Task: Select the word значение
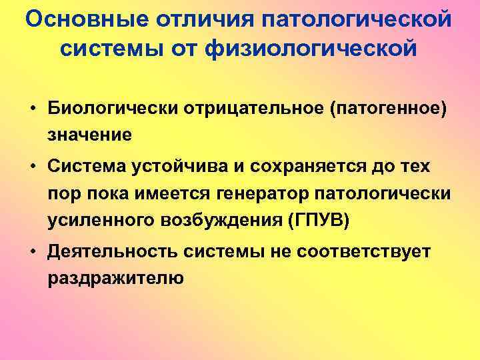click(89, 134)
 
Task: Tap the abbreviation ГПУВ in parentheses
click(317, 221)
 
